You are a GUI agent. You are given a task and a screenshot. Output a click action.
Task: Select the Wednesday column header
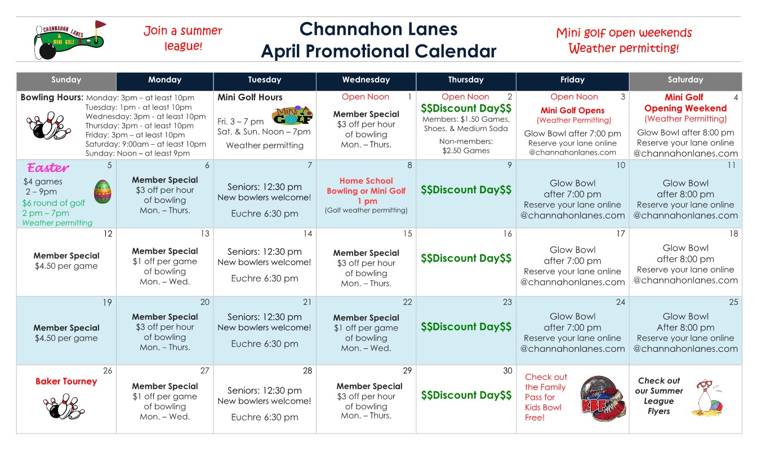366,80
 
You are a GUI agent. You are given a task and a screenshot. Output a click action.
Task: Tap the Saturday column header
685,80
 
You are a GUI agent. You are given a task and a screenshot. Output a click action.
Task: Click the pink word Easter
48,167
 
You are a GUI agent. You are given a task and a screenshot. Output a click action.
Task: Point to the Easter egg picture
102,192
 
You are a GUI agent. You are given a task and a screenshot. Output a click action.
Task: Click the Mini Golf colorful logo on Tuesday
292,116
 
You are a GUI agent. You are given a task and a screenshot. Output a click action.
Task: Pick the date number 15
407,233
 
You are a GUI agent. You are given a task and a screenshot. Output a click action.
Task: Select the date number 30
507,370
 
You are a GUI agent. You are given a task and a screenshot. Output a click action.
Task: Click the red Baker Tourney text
66,382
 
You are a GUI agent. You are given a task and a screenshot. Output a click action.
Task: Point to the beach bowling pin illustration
708,397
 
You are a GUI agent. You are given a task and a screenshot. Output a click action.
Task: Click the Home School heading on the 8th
366,181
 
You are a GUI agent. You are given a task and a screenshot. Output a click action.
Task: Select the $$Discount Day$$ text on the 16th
466,258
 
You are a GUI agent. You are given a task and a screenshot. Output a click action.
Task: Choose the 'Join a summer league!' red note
183,38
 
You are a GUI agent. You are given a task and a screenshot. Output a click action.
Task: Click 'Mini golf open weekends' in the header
624,33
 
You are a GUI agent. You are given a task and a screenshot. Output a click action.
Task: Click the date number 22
407,302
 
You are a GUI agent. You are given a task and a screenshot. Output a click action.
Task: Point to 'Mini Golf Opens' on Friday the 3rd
572,110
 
